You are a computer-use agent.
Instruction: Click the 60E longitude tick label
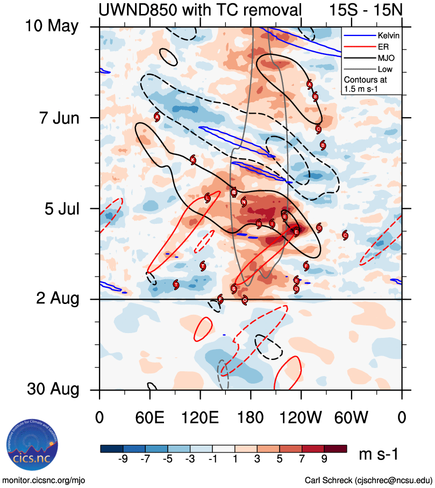coord(149,417)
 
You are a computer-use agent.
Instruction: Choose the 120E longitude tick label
coord(200,417)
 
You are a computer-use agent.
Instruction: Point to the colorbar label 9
coord(324,460)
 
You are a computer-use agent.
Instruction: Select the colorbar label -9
coord(122,460)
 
